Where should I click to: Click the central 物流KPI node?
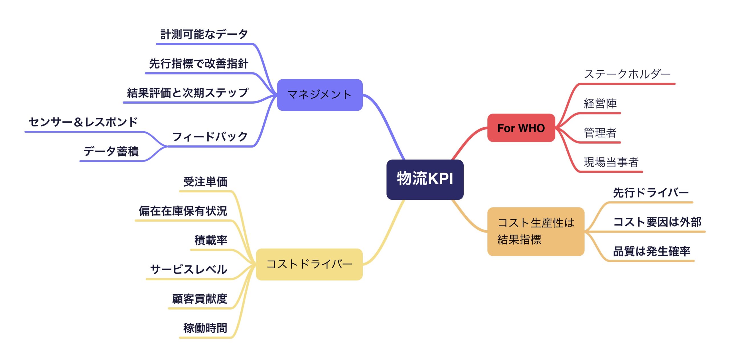point(425,180)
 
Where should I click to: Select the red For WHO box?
point(521,128)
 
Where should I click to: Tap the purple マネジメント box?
point(320,95)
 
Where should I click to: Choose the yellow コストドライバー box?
point(309,264)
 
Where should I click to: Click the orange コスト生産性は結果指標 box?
point(536,231)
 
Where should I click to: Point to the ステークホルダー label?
point(627,74)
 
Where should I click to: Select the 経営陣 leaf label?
point(600,103)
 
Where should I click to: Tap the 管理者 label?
point(600,133)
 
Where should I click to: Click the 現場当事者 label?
point(611,162)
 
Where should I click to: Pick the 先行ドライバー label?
point(651,193)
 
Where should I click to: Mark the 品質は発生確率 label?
point(652,251)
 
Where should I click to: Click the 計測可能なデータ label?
point(204,34)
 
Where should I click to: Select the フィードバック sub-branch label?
point(210,136)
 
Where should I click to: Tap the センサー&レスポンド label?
point(83,122)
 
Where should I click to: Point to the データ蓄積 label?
point(111,151)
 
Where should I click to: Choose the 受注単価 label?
point(205,181)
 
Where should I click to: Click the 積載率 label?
point(211,240)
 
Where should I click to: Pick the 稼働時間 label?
point(205,328)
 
